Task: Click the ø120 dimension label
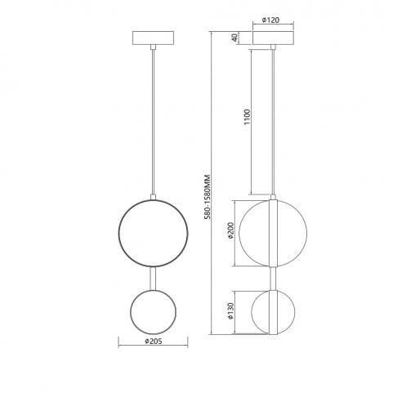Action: pyautogui.click(x=270, y=20)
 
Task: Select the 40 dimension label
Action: pyautogui.click(x=234, y=38)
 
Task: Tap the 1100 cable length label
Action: pyautogui.click(x=247, y=117)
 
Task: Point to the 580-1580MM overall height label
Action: pyautogui.click(x=208, y=197)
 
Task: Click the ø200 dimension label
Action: pyautogui.click(x=230, y=230)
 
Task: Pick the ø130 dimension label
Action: pyautogui.click(x=230, y=311)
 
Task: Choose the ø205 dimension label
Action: pyautogui.click(x=154, y=341)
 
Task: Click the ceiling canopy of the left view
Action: pyautogui.click(x=153, y=38)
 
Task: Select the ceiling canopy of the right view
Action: pyautogui.click(x=273, y=38)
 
